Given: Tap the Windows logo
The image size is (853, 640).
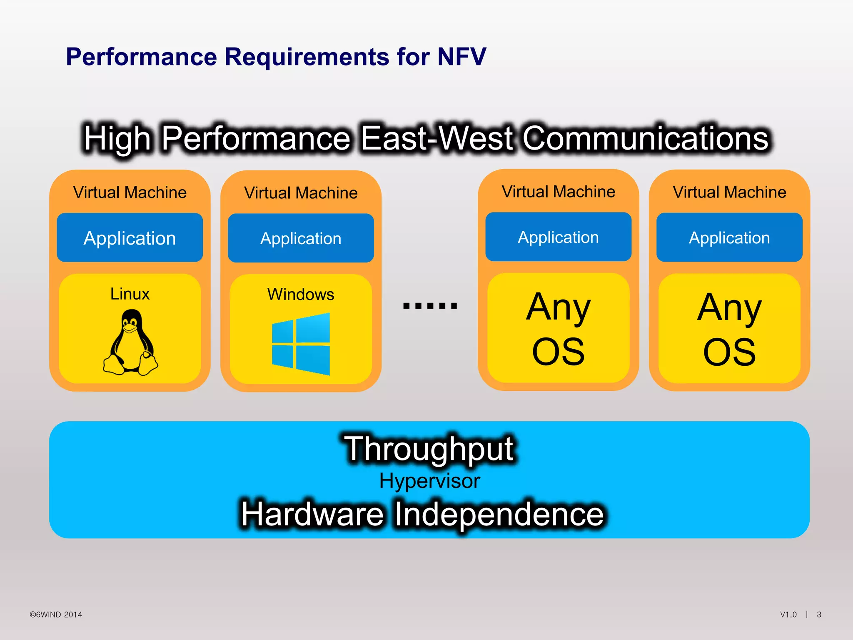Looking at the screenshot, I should coord(301,344).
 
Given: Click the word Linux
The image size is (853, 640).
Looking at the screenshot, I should coord(130,294).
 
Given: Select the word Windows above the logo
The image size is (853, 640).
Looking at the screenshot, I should coord(301,295).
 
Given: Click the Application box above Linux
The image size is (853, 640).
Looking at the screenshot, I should coord(130,238).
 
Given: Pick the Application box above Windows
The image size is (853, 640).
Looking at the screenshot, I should coord(301,238).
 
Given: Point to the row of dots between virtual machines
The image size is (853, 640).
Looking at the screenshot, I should coord(430,306).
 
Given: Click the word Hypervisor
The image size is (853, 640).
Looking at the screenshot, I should coord(429,481).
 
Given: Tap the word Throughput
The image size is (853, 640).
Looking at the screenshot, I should coord(429,449).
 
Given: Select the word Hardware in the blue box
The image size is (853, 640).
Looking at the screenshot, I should coord(312,514).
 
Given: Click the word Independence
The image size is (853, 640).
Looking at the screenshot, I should coord(499,514).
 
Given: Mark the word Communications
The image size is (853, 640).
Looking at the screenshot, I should coord(645,138).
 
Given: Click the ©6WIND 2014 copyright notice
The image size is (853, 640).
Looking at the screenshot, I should coord(56,615).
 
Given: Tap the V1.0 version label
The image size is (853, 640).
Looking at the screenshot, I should coord(788,615).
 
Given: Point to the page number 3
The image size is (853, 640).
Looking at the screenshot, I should coord(819,615).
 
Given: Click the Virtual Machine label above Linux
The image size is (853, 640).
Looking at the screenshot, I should coord(130,192).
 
